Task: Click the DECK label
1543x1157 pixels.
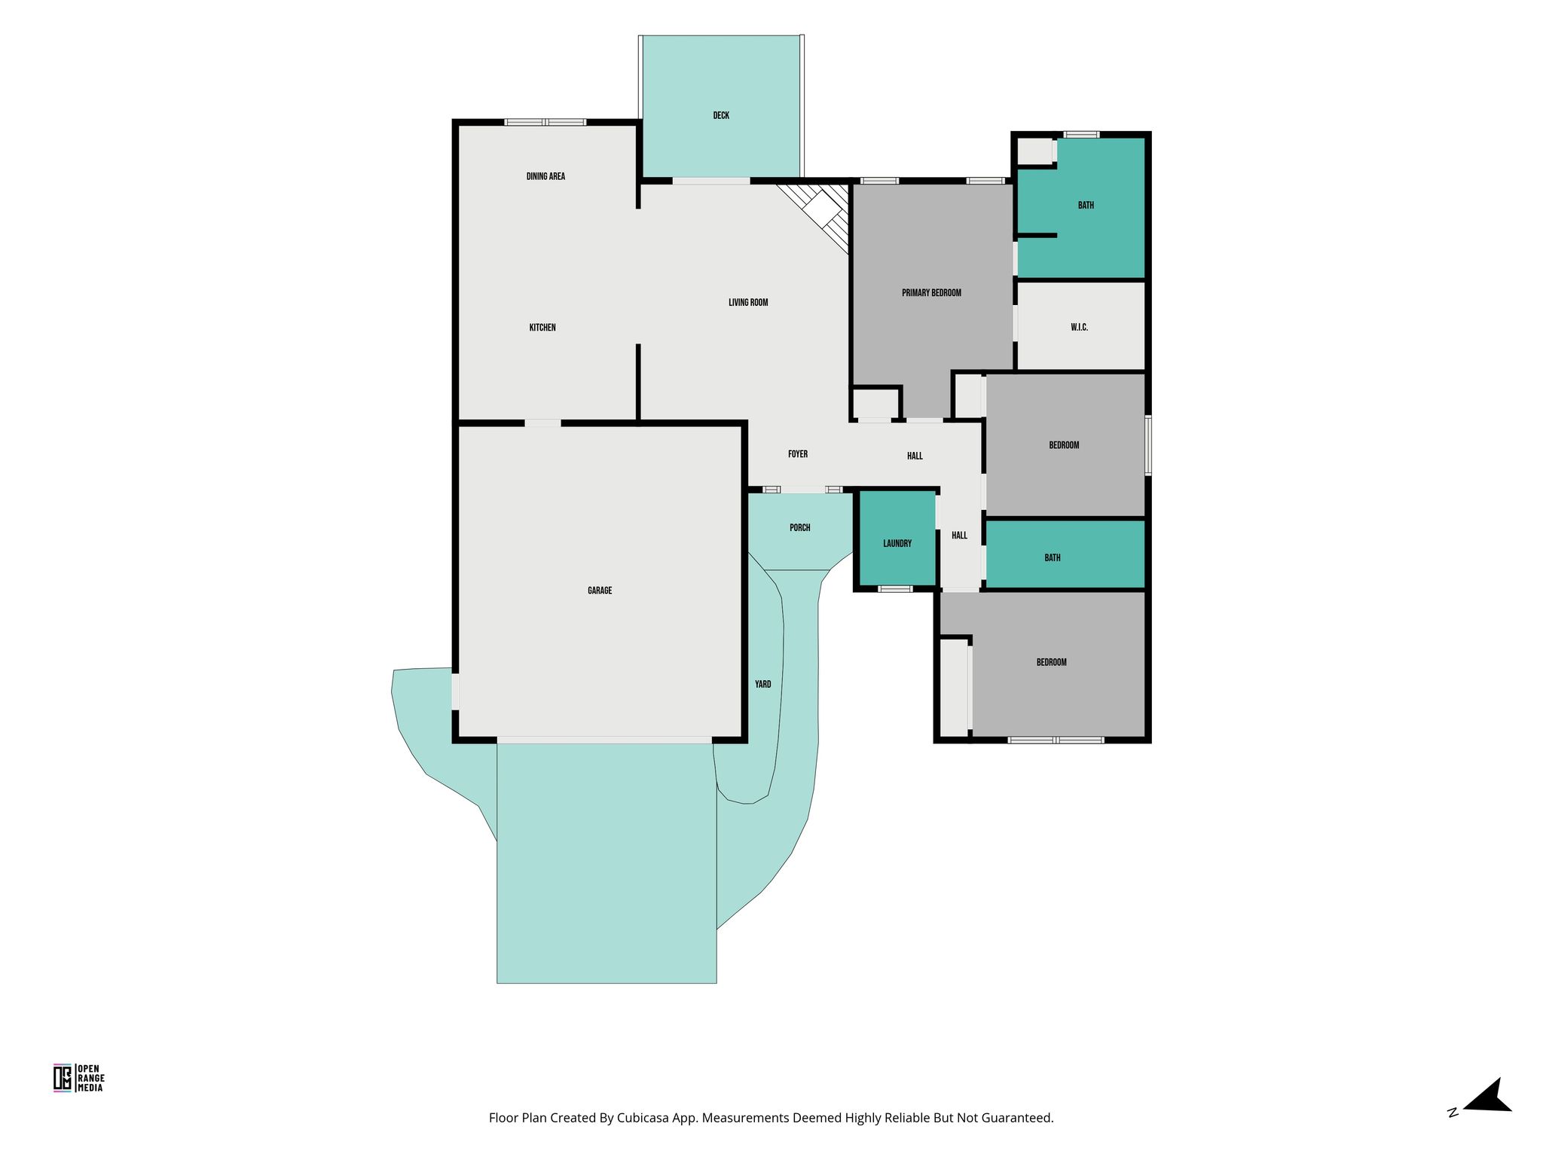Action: (721, 115)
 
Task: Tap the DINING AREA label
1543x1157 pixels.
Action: (545, 176)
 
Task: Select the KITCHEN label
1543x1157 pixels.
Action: (542, 328)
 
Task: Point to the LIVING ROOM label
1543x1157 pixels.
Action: (748, 303)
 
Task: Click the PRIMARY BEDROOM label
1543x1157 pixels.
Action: (931, 293)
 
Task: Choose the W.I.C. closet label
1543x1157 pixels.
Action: (1079, 328)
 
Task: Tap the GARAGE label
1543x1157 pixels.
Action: (600, 591)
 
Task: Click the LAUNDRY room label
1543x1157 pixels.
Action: (897, 543)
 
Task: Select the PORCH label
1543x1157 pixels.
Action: (800, 528)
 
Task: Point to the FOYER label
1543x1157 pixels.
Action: (798, 454)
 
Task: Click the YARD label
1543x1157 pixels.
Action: (763, 685)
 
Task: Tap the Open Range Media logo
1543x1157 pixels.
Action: (79, 1077)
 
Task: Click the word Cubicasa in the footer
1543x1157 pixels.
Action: (645, 1118)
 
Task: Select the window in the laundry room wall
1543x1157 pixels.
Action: (895, 589)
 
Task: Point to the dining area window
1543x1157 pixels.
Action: (545, 122)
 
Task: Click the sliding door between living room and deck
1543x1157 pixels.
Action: (711, 181)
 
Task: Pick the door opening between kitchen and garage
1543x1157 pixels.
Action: (542, 423)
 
